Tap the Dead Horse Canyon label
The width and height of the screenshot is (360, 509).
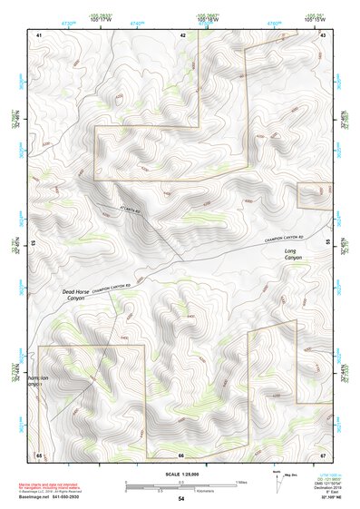pos(77,294)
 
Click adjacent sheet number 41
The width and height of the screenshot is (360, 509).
pos(39,34)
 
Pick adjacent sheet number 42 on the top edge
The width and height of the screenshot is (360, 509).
pos(182,34)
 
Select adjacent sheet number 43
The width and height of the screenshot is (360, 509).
pos(323,34)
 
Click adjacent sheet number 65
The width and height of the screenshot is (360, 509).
pos(39,454)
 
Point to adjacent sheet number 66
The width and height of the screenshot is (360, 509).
pos(181,454)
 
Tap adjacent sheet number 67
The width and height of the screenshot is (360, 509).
pos(323,454)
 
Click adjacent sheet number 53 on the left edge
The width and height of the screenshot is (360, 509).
pos(34,244)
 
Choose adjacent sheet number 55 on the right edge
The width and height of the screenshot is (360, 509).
pos(328,243)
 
